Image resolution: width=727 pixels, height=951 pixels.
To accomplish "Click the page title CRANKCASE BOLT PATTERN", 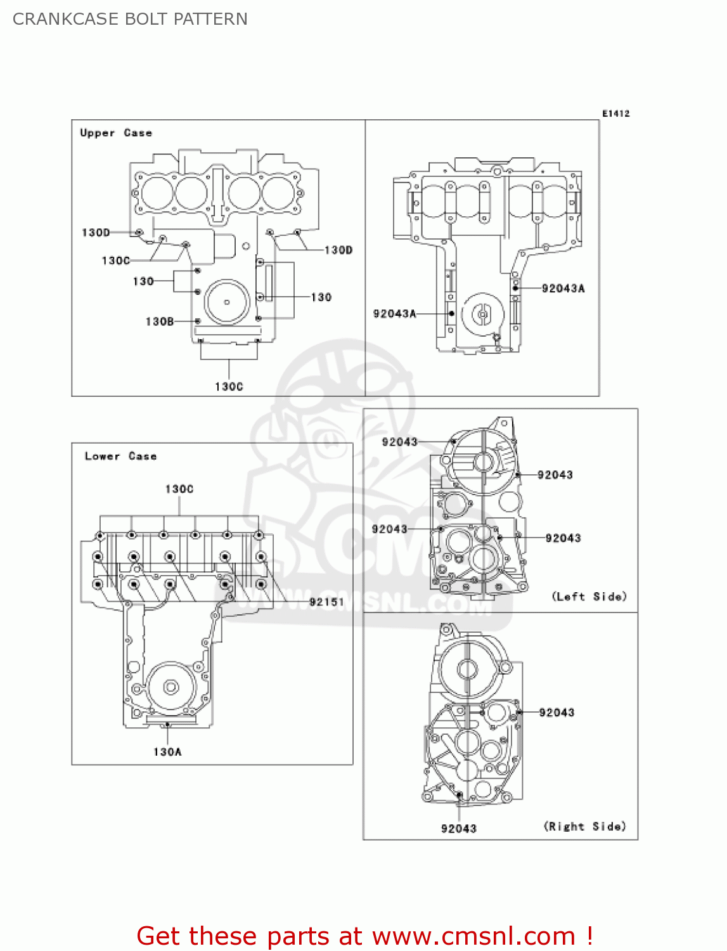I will click(x=130, y=19).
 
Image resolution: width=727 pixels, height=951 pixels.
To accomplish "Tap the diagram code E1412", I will click(x=615, y=113).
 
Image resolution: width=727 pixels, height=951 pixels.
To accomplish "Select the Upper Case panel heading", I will click(x=116, y=133).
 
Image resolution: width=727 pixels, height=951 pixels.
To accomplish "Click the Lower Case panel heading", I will click(x=120, y=456).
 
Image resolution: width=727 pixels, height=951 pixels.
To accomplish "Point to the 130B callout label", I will click(x=159, y=321).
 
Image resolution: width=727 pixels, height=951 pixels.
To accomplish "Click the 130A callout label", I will click(x=167, y=752).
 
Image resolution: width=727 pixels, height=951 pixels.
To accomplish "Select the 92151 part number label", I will click(x=326, y=602).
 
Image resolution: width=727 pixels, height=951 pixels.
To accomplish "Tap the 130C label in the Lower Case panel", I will click(x=179, y=489).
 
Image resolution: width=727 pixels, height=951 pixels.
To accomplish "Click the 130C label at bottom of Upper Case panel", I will click(x=229, y=386).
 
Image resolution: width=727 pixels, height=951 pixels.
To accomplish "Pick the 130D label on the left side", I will click(x=96, y=233).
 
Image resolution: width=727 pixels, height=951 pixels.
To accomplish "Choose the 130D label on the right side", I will click(x=338, y=250).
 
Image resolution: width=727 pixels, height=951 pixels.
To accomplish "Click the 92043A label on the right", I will click(x=563, y=288).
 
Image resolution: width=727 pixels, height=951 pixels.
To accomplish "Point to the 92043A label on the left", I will click(x=394, y=313).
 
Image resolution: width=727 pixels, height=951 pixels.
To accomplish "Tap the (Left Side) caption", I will click(x=589, y=596).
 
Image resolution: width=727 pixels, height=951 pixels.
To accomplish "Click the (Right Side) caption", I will click(x=584, y=826).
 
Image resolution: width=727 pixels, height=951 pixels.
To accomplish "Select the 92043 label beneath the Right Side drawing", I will click(x=459, y=829).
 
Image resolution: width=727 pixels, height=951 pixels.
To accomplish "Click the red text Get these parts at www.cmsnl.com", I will click(x=364, y=936).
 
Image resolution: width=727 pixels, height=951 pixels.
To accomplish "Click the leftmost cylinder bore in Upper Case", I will click(x=156, y=193).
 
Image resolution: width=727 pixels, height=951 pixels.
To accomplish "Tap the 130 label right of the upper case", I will click(x=321, y=297).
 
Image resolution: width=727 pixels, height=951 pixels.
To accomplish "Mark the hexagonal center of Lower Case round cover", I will click(x=170, y=687).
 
